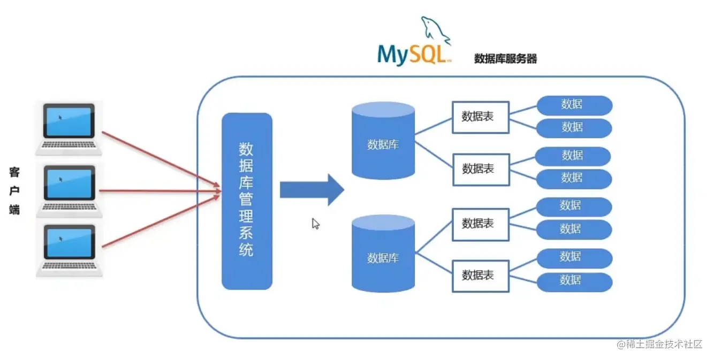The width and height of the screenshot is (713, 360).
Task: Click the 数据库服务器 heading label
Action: (x=505, y=59)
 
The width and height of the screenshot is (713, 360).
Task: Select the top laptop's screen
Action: (x=69, y=121)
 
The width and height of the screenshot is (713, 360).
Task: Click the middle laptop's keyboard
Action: (x=69, y=206)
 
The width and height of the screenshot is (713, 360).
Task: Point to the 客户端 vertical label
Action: (x=14, y=191)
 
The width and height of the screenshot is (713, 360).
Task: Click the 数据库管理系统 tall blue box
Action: (x=247, y=201)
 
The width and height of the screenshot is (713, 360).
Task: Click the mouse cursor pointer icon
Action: (x=315, y=224)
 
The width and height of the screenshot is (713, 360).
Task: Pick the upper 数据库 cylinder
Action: (x=383, y=140)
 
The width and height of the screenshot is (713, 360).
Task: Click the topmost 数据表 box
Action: (x=480, y=117)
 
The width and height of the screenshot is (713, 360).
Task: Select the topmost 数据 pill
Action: (x=574, y=105)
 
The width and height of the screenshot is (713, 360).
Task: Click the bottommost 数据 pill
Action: (x=574, y=281)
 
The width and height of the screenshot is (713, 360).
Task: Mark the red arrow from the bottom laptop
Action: (x=161, y=221)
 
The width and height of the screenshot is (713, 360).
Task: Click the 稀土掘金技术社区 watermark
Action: (x=659, y=344)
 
